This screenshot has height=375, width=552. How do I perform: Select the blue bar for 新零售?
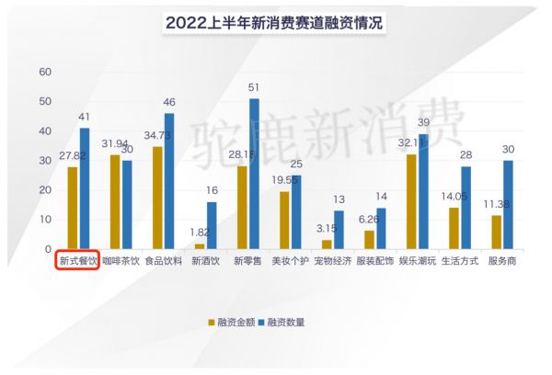pos(254,175)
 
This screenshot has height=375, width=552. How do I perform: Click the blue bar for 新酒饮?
pos(213,226)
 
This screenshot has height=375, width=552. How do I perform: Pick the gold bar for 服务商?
pos(497,233)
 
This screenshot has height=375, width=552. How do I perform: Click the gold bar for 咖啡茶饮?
pos(115,202)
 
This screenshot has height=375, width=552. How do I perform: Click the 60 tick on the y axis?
pos(46,72)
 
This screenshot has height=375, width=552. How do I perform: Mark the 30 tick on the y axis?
pos(46,161)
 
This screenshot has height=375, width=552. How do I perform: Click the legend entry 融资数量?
pos(286,322)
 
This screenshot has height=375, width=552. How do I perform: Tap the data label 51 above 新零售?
pos(254,88)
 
